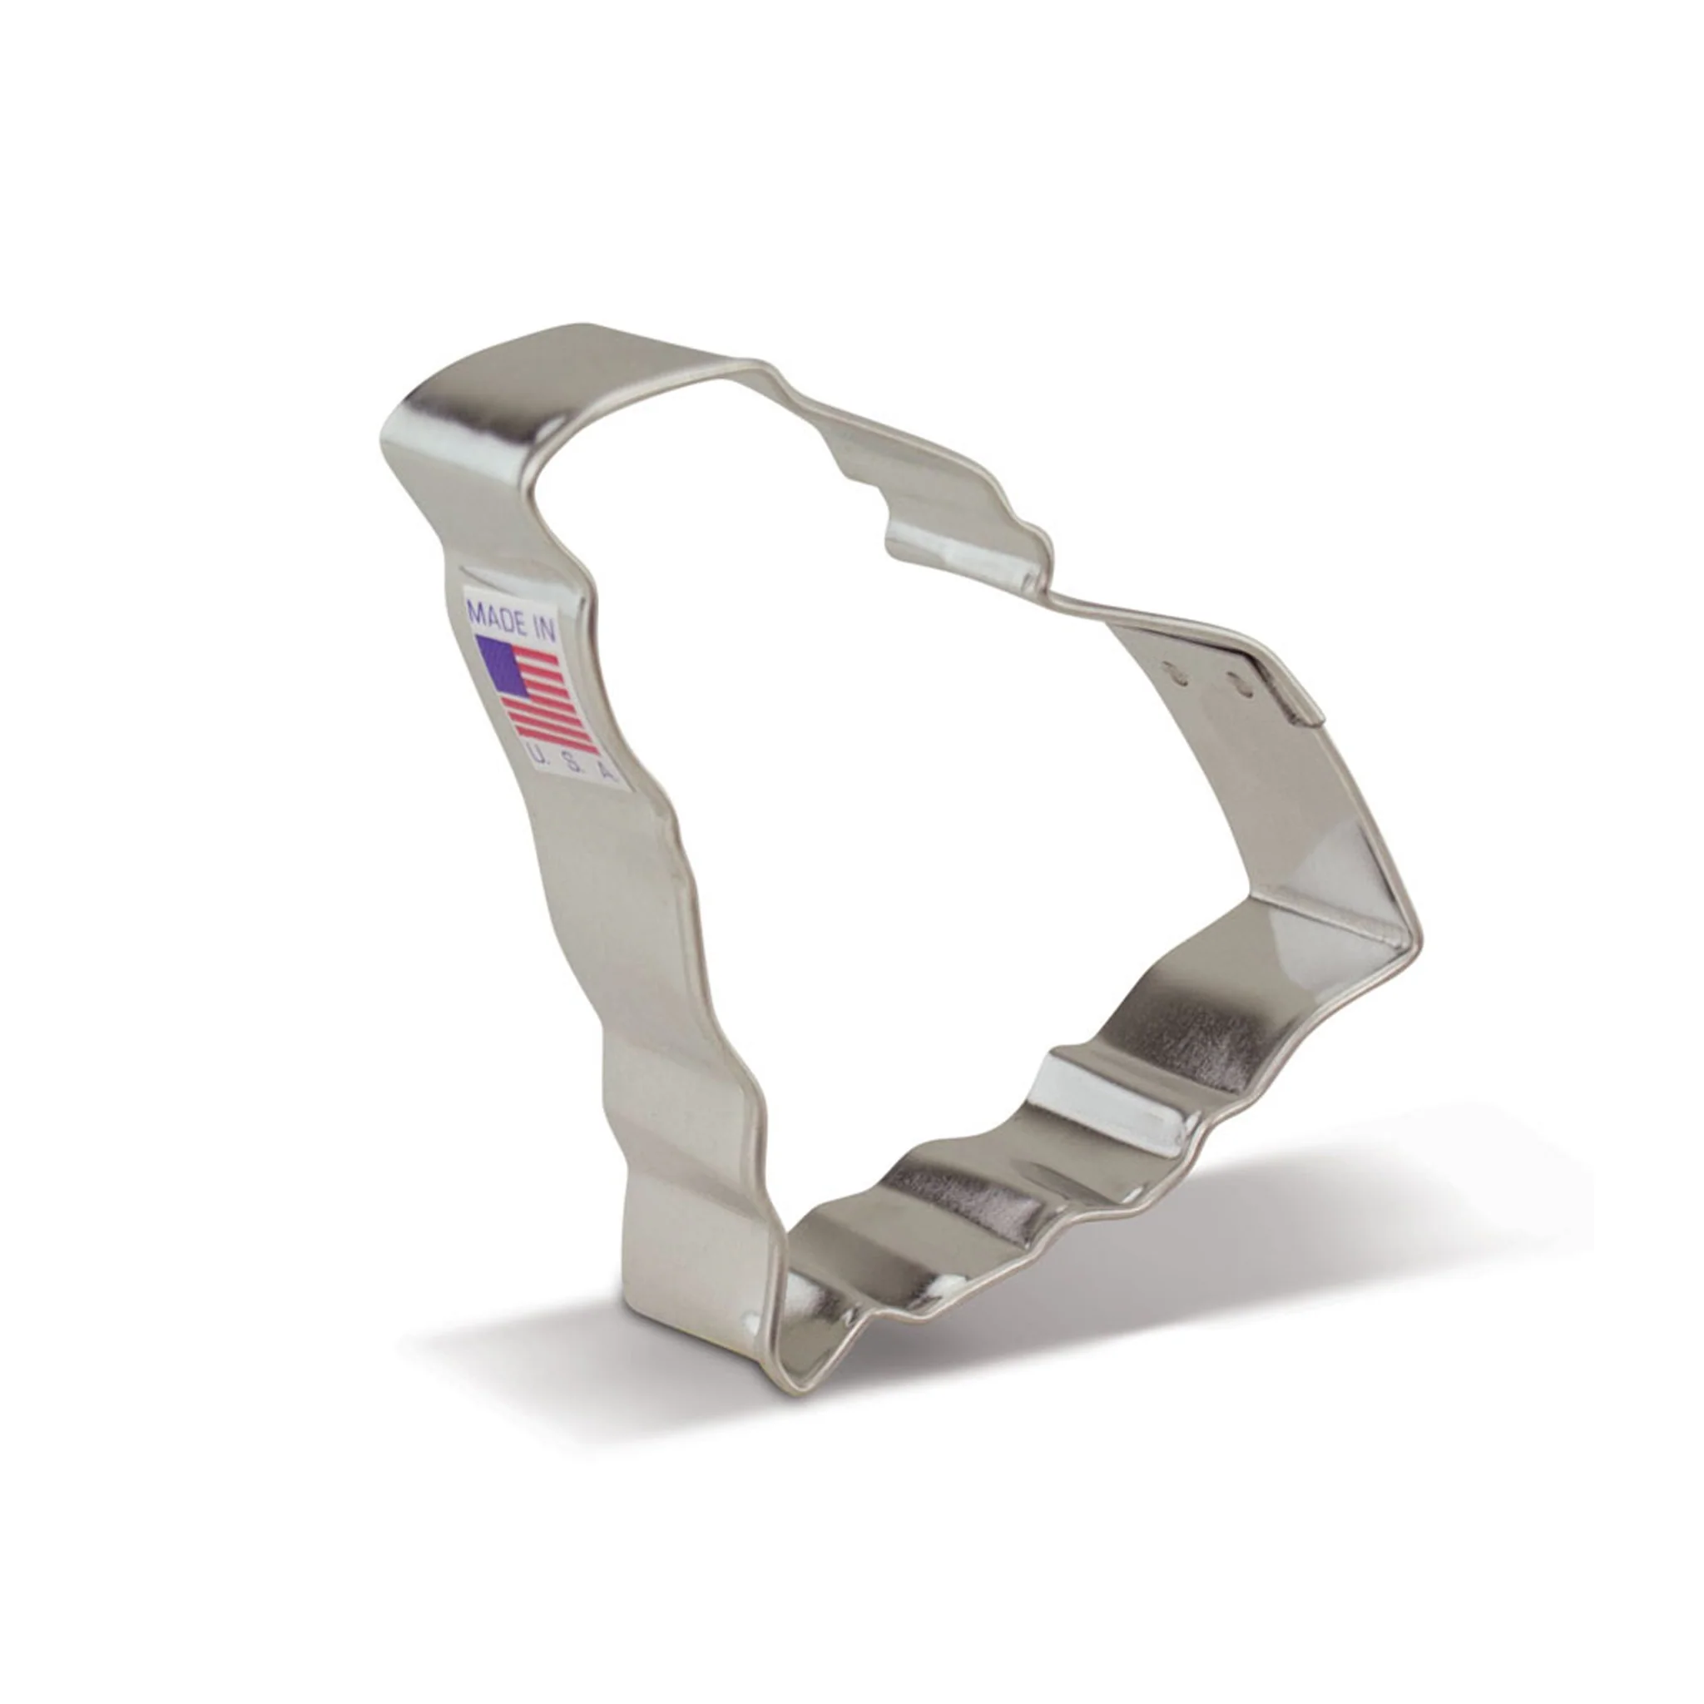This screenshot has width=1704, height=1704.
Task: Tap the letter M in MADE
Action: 476,609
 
